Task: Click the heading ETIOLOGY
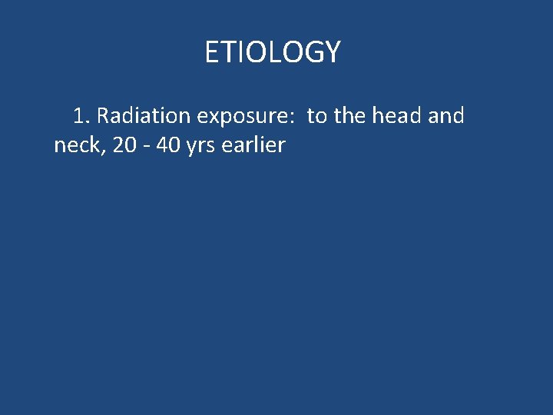(x=272, y=52)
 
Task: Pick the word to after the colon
(x=317, y=116)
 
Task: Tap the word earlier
(x=253, y=144)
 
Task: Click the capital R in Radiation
(x=104, y=116)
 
